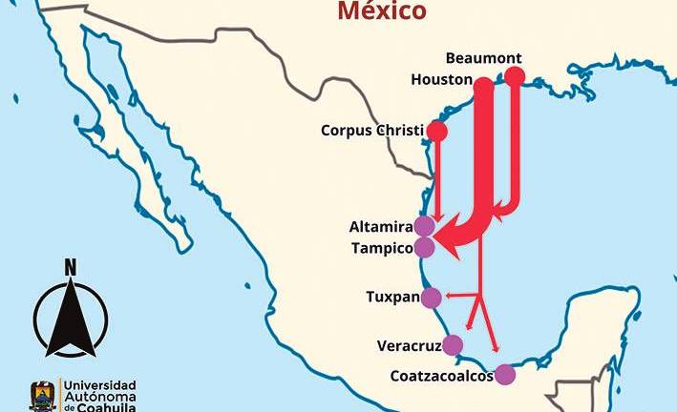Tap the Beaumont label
coord(483,57)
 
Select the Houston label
coord(442,79)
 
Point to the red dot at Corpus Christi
coord(437,131)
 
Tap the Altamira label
coord(381,227)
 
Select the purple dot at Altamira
coord(424,227)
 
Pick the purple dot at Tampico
coord(425,248)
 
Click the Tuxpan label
coord(392,297)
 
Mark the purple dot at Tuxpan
coord(432,298)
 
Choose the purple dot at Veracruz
coord(453,345)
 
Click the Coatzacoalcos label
coord(441,376)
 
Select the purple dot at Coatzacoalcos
coord(505,375)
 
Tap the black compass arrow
coord(70,319)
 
